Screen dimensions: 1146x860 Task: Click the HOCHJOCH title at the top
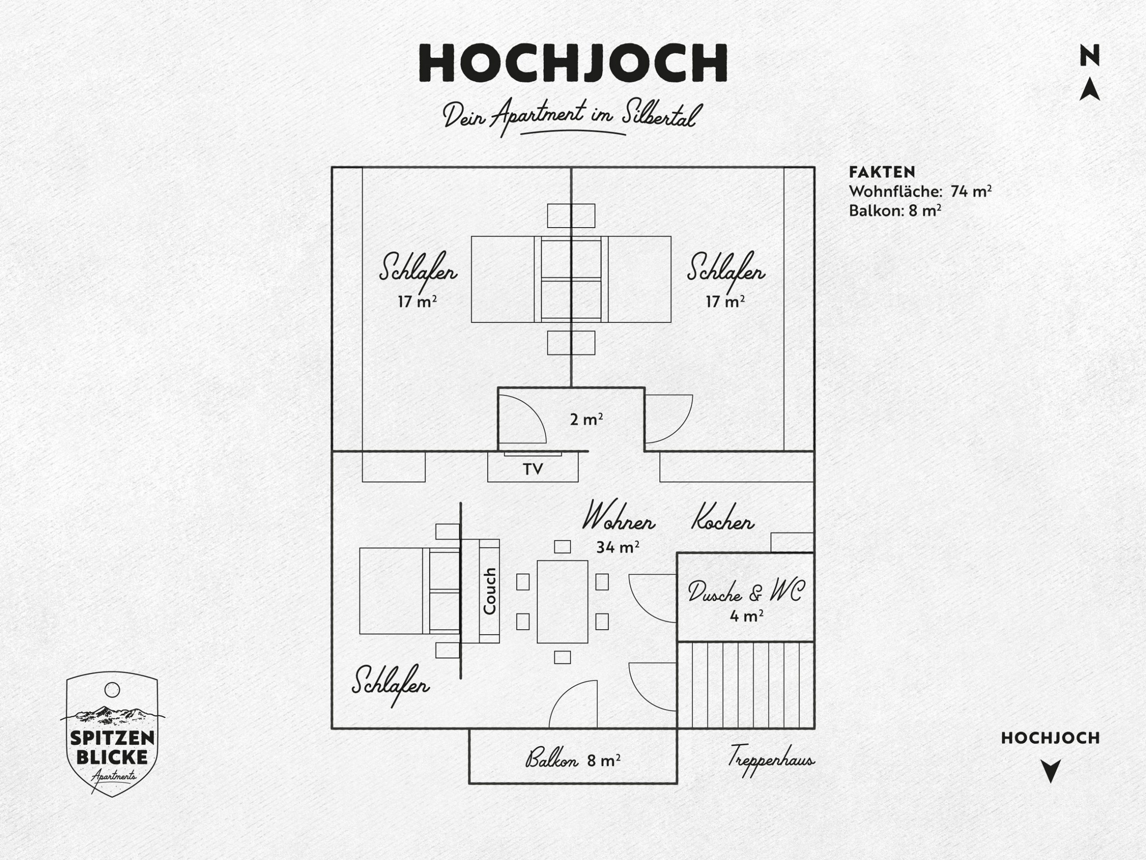[x=573, y=63]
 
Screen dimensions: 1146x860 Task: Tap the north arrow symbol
[x=1090, y=89]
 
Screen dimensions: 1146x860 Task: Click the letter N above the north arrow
[x=1090, y=56]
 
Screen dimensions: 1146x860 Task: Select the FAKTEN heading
[x=882, y=172]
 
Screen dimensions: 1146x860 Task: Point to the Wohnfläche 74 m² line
[x=920, y=191]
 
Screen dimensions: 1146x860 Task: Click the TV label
[x=533, y=469]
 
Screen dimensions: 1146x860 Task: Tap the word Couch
[x=490, y=591]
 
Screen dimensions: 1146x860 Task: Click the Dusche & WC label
[x=746, y=592]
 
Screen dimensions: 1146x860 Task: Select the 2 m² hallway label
[x=586, y=419]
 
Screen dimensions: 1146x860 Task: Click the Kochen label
[x=723, y=518]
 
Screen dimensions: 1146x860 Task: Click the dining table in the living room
[x=562, y=601]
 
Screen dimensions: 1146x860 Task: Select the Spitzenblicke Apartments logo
[x=112, y=734]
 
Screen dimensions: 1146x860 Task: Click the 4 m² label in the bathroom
[x=747, y=616]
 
